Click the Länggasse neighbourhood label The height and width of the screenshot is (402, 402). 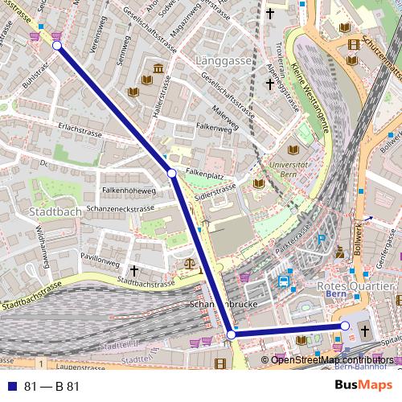224,60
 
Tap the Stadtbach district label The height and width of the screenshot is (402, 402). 55,211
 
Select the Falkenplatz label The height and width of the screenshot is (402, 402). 204,173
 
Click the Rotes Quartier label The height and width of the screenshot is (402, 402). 356,286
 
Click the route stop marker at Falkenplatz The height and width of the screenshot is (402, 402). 171,173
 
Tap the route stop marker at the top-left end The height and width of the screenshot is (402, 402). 57,46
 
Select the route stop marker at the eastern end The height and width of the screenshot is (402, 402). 345,326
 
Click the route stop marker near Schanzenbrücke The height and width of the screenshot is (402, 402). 231,334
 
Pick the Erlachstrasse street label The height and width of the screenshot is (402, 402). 78,128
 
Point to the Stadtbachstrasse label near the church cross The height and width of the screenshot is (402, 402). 146,282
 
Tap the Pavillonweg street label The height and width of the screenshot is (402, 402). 100,262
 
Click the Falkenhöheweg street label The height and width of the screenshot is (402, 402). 129,191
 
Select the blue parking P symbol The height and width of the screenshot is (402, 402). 322,238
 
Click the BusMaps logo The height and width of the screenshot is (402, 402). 363,385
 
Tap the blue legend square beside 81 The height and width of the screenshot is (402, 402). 12,386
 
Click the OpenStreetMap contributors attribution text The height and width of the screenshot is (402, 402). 332,359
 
